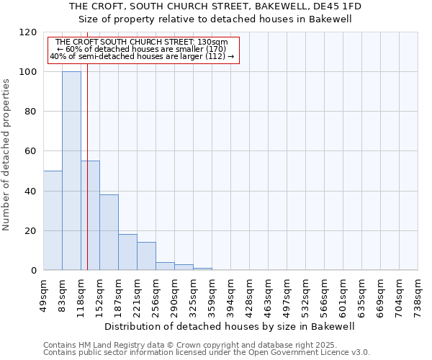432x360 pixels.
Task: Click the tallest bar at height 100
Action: (x=71, y=171)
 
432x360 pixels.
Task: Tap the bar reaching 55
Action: (x=90, y=215)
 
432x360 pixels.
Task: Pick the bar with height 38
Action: (x=109, y=232)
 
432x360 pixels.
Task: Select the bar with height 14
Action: (x=146, y=256)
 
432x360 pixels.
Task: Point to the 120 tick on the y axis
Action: (x=28, y=32)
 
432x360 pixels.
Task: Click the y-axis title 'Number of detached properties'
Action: (x=6, y=155)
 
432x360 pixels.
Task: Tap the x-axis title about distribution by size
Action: (x=230, y=326)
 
